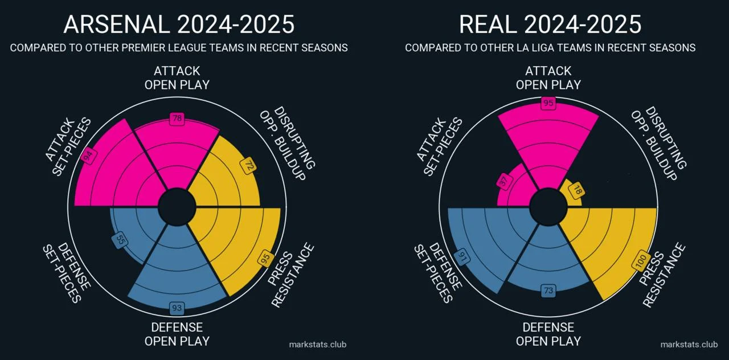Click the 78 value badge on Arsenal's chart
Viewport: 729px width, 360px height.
[x=177, y=119]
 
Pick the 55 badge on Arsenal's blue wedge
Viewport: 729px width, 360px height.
[x=121, y=240]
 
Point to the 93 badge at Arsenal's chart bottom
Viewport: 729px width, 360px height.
[x=177, y=308]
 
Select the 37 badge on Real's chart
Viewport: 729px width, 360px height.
[x=504, y=182]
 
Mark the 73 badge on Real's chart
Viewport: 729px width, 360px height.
[x=548, y=291]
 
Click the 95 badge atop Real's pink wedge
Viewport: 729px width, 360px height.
[x=548, y=104]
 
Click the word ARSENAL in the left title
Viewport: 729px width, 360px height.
[x=117, y=25]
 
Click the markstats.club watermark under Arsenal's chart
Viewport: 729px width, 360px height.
[x=317, y=344]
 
